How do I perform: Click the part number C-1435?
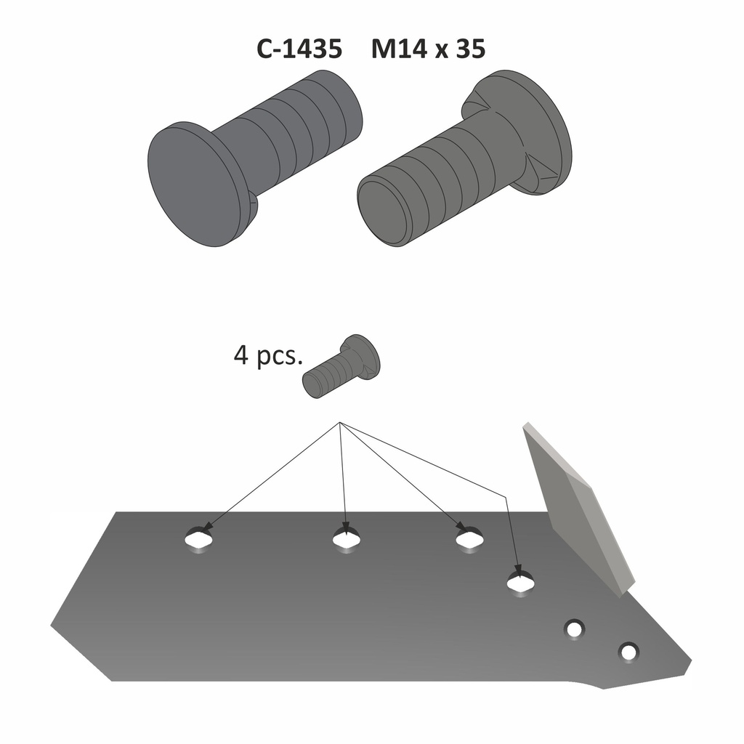pyautogui.click(x=299, y=49)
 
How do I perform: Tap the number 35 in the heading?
pyautogui.click(x=470, y=49)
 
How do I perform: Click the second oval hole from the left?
pyautogui.click(x=347, y=539)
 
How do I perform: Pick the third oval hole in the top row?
pyautogui.click(x=469, y=539)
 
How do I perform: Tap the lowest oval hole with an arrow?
pyautogui.click(x=520, y=582)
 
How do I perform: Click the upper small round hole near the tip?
pyautogui.click(x=574, y=629)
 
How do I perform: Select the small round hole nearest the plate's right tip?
pyautogui.click(x=628, y=652)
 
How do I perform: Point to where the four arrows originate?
pyautogui.click(x=340, y=423)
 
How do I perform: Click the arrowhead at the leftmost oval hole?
pyautogui.click(x=209, y=525)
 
